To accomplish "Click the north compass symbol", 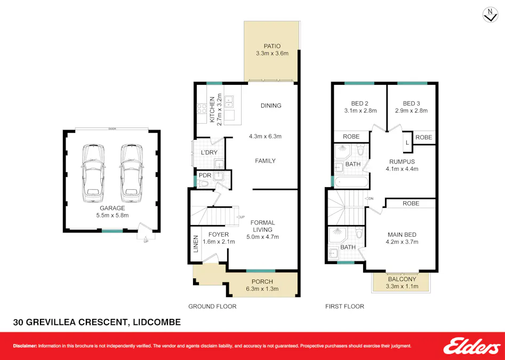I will [489, 15].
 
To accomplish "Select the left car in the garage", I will [93, 172].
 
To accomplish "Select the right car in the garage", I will [130, 172].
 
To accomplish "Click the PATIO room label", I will [272, 45].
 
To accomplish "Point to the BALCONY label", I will [403, 279].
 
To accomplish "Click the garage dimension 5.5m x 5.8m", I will [112, 215].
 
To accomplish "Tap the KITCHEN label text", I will [212, 109].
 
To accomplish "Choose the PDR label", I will [205, 175].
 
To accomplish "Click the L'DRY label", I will [208, 153].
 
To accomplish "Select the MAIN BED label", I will [403, 234].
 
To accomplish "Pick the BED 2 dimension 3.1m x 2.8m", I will [359, 111].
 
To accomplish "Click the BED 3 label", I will [412, 103].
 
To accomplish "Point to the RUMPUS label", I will [402, 162].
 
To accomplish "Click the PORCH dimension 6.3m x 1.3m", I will [262, 289].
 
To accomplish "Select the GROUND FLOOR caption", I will [212, 307].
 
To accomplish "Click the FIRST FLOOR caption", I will [344, 307].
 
